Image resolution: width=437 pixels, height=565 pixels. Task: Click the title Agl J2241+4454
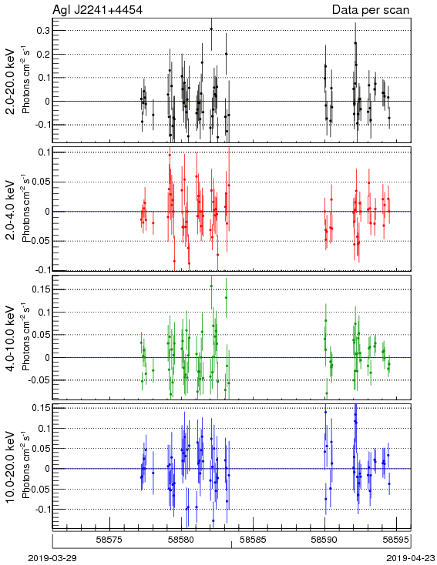click(x=97, y=9)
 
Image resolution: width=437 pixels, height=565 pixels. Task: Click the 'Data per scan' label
click(x=371, y=10)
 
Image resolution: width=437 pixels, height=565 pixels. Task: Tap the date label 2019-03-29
click(x=52, y=558)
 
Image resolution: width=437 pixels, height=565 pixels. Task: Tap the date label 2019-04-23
click(x=411, y=558)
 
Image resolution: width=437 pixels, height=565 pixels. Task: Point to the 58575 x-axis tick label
click(x=109, y=540)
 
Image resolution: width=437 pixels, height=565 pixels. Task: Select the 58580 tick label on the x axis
click(x=182, y=540)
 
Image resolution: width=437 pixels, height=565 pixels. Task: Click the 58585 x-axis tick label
click(x=254, y=540)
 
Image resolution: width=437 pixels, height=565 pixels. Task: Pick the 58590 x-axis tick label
click(x=324, y=540)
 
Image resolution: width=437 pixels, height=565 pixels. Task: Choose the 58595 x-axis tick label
click(x=396, y=540)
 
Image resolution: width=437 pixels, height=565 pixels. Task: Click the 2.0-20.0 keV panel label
click(x=11, y=82)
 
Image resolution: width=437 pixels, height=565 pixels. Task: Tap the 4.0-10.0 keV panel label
click(x=11, y=339)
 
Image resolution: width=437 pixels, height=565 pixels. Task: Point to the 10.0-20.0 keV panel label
click(x=11, y=467)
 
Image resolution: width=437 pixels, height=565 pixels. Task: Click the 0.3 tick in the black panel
click(x=43, y=30)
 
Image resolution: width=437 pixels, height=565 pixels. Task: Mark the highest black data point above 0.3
click(x=211, y=28)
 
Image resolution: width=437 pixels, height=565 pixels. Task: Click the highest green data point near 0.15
click(x=211, y=286)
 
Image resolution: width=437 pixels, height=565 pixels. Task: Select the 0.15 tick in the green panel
click(x=40, y=289)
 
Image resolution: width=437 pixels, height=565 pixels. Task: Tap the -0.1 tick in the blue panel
click(x=42, y=509)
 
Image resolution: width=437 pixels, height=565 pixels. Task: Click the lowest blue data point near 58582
click(x=213, y=520)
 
